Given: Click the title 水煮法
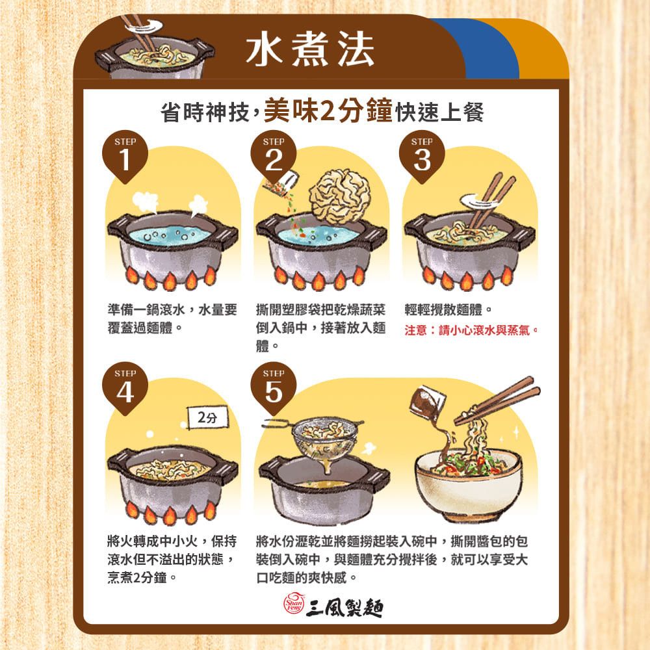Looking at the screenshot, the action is pyautogui.click(x=310, y=50).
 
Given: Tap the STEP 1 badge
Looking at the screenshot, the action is pyautogui.click(x=125, y=157).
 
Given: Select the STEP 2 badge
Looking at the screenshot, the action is pyautogui.click(x=273, y=157).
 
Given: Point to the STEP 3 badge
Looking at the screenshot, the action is pyautogui.click(x=422, y=157).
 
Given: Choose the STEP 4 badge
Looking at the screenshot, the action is pyautogui.click(x=125, y=389).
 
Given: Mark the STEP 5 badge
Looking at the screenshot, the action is pyautogui.click(x=273, y=389).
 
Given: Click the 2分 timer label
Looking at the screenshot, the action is pyautogui.click(x=208, y=417).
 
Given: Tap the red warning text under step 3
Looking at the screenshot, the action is pyautogui.click(x=471, y=330).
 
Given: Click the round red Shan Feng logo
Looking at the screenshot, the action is pyautogui.click(x=294, y=604).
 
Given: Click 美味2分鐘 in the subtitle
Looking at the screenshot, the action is pyautogui.click(x=328, y=111).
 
